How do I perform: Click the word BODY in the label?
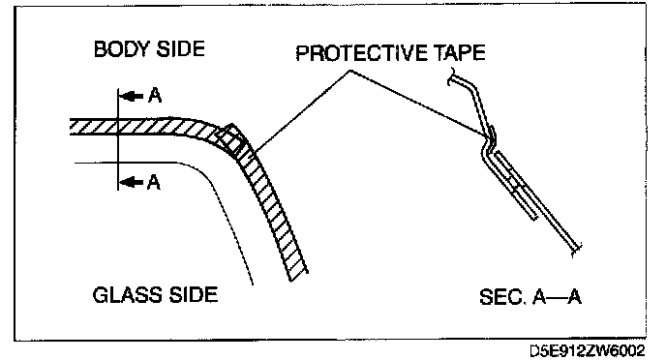tap(122, 49)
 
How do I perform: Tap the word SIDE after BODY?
tap(180, 49)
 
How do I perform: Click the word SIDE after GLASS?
tap(194, 294)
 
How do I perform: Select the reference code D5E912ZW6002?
tap(588, 350)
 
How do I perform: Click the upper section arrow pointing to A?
tap(131, 97)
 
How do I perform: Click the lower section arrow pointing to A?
tap(131, 183)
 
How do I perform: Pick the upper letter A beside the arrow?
tap(155, 96)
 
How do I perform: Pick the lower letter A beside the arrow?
tap(154, 183)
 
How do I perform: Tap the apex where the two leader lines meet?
tap(350, 71)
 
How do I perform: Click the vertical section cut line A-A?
tap(118, 139)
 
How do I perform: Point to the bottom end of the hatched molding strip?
tap(298, 277)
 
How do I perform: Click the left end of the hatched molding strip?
tap(71, 127)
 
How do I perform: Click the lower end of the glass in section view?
tap(576, 250)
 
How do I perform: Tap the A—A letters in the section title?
tap(557, 297)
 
